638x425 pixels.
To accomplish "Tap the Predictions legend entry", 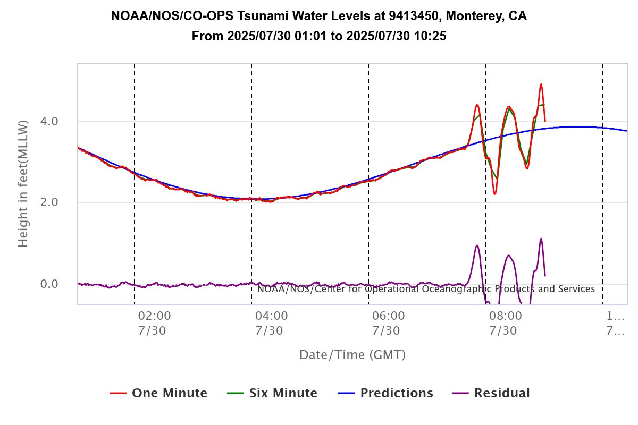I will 385,394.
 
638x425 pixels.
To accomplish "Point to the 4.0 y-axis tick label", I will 49,122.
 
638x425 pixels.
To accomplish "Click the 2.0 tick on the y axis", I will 49,202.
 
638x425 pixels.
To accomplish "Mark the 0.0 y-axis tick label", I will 49,284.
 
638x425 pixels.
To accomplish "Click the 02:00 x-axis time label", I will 152,316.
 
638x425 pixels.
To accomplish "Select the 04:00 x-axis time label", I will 268,316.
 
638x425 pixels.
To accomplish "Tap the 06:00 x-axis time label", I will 385,316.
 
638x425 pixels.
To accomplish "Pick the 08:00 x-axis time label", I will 502,316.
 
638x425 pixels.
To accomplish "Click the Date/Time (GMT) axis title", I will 352,355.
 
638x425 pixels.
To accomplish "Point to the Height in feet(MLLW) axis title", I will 23,183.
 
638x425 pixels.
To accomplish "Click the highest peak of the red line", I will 541,84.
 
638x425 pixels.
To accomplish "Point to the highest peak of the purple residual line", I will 541,239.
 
